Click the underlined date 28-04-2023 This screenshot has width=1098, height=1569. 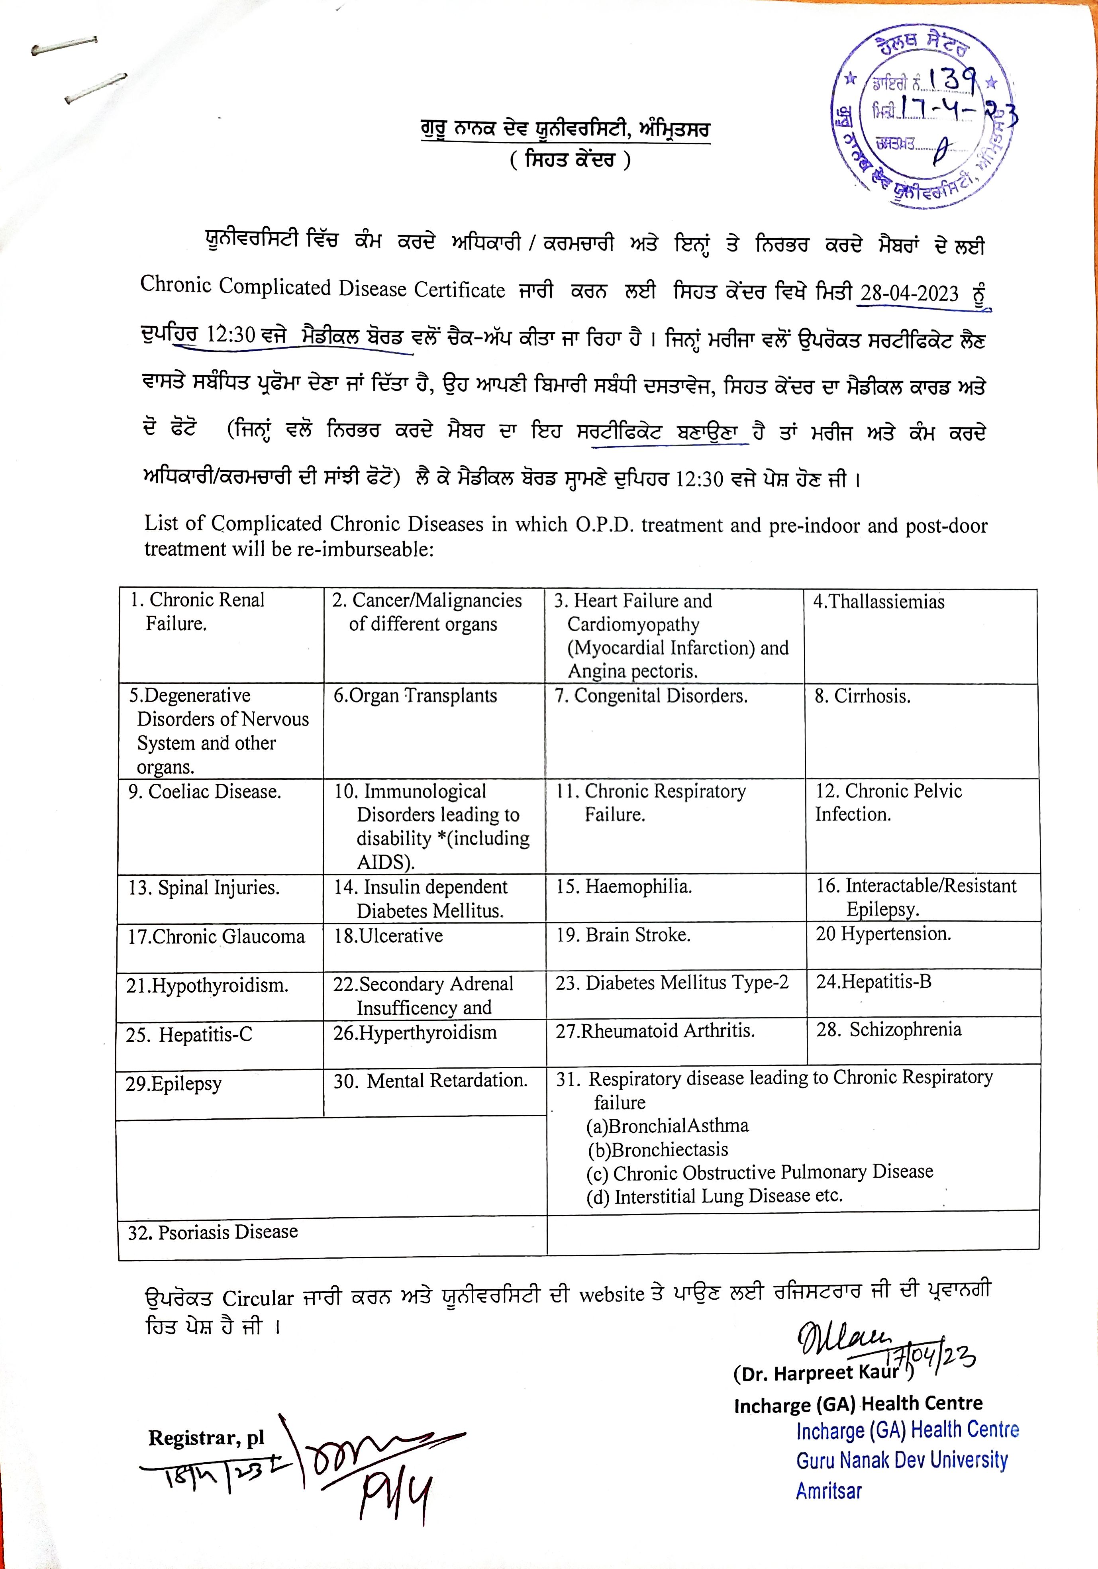909,293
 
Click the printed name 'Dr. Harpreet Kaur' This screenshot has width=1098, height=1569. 816,1373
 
